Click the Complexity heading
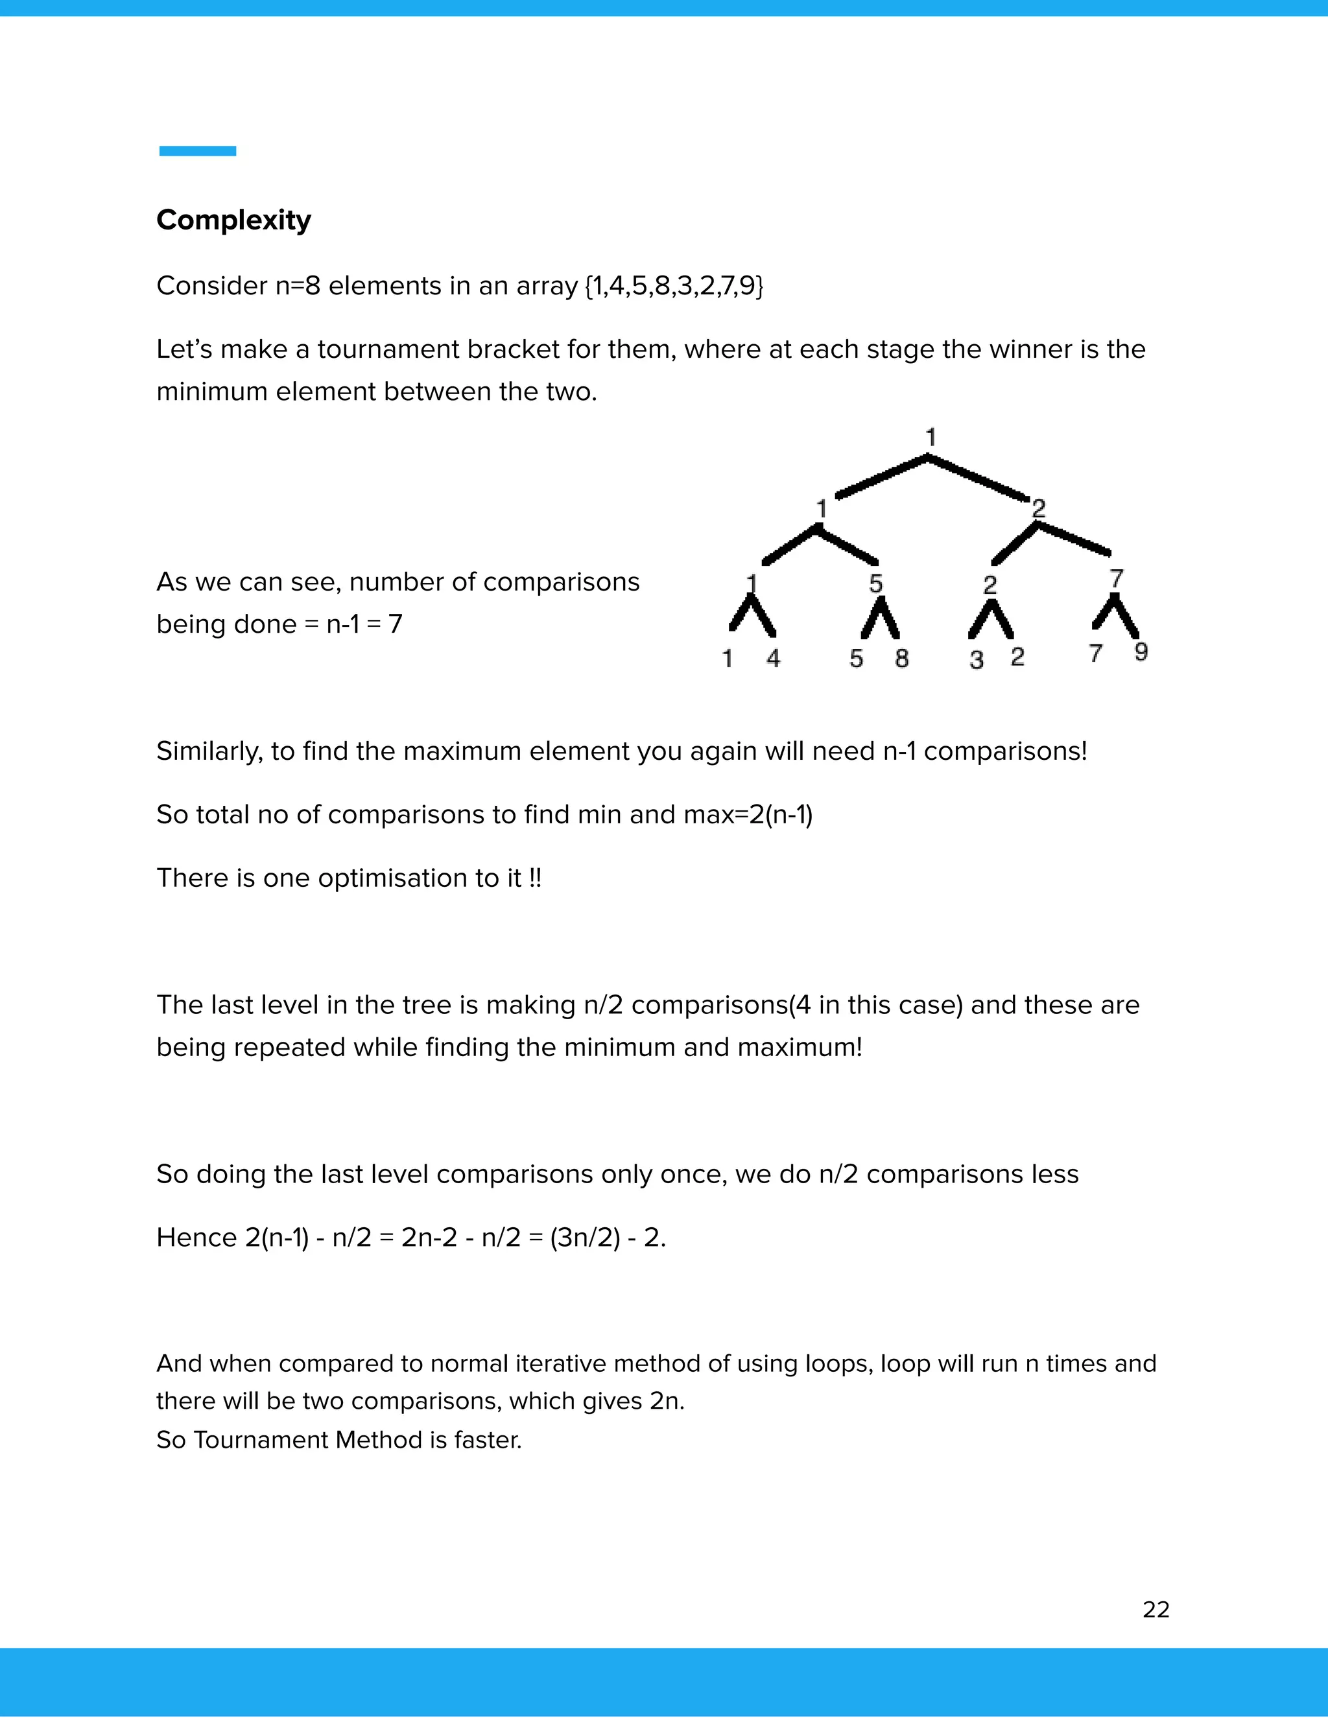click(233, 220)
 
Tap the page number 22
click(1156, 1610)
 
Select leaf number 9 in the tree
click(1141, 652)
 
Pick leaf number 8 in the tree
click(901, 657)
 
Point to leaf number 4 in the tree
click(774, 657)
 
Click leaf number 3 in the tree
click(977, 659)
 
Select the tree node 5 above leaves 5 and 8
click(875, 583)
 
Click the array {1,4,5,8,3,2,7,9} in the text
click(674, 285)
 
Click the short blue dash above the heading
click(198, 151)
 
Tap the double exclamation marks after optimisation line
click(535, 878)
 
